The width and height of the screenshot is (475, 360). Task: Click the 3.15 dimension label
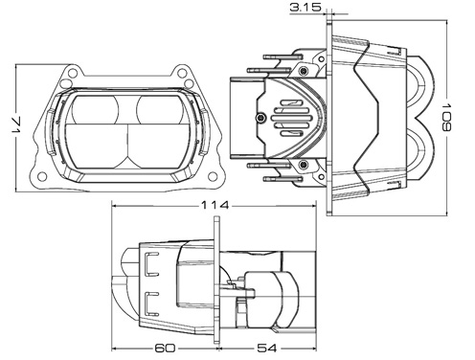305,8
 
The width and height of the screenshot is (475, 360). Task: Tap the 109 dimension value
447,117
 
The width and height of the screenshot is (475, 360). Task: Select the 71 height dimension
16,125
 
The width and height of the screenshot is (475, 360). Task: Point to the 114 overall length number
215,205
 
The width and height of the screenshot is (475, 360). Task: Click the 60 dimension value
165,348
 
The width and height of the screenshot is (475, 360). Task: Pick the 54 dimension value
267,348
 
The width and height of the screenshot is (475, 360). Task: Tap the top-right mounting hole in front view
182,73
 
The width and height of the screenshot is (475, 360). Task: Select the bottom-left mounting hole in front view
42,176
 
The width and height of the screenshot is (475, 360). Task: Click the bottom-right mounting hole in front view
213,176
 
